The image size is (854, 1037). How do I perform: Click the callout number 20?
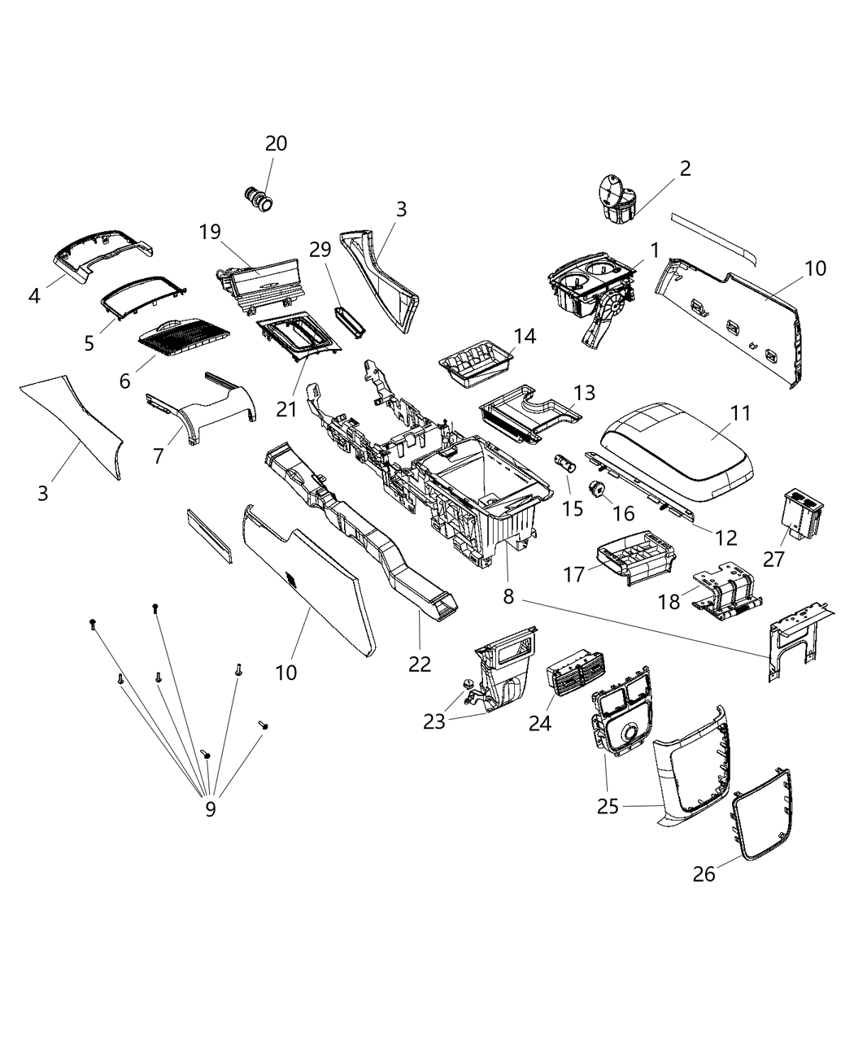coord(276,143)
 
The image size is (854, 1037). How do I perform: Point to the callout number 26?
coord(704,874)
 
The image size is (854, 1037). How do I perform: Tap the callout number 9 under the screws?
coord(210,808)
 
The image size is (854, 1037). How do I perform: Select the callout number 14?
coord(525,336)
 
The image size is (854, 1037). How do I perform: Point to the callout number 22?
coord(420,664)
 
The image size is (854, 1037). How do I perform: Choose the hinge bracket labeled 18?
coord(721,599)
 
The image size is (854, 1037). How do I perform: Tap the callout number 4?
coord(34,296)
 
